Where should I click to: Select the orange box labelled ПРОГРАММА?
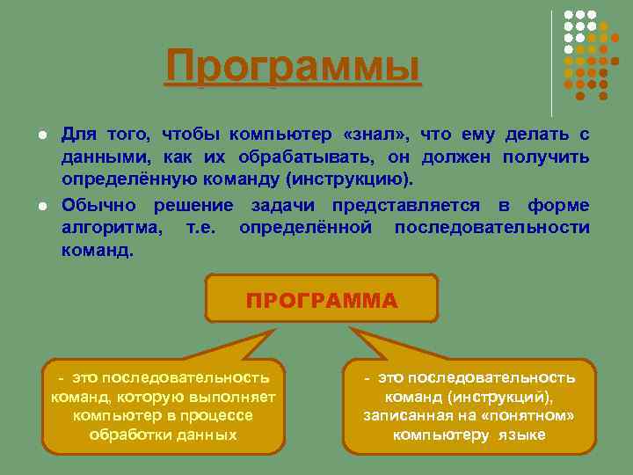coord(322,301)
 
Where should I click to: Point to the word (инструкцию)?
coord(355,180)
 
